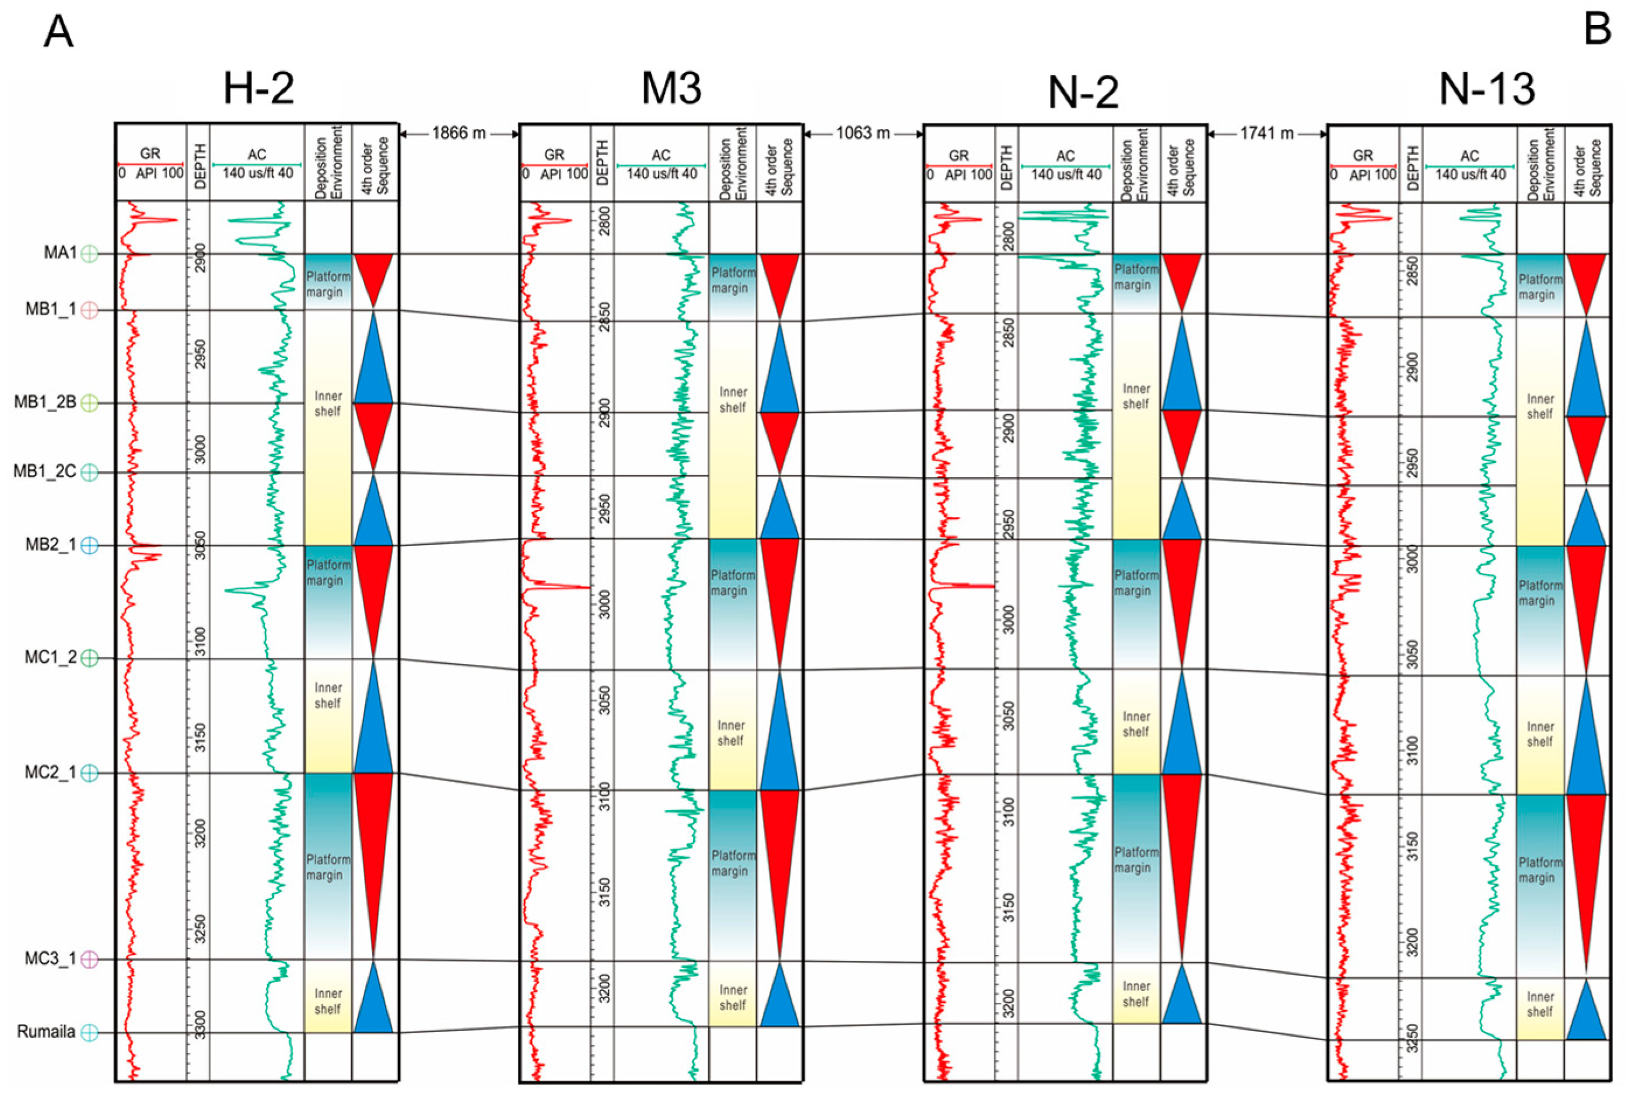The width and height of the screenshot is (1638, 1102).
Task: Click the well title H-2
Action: pos(258,89)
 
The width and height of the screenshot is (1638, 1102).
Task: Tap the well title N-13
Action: pos(1486,89)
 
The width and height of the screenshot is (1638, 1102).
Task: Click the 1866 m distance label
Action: pos(459,133)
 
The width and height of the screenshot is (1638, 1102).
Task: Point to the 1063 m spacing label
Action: pos(863,133)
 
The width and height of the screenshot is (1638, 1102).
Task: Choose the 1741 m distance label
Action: pos(1267,133)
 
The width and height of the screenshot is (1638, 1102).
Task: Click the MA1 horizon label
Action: pos(61,252)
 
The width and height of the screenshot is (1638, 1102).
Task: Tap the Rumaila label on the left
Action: pos(47,1032)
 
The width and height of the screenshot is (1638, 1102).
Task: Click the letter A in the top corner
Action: pos(58,32)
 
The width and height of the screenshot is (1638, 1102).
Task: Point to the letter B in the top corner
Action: pos(1597,30)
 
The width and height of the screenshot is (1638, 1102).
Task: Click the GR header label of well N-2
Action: pos(958,155)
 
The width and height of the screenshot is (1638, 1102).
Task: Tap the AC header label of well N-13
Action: pos(1469,155)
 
